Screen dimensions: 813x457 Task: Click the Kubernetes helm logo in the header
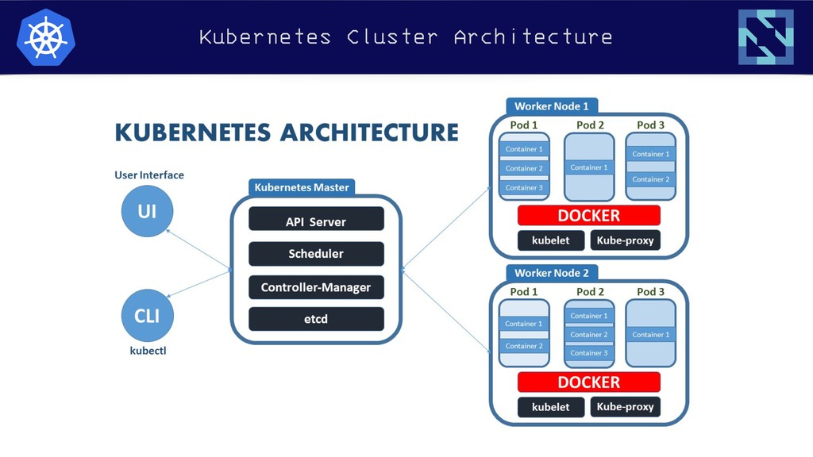[x=45, y=37]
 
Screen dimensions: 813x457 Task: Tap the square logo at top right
[x=766, y=36]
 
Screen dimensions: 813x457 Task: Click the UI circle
[x=147, y=211]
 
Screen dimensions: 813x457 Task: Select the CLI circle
[x=147, y=316]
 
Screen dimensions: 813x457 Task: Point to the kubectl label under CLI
[x=148, y=351]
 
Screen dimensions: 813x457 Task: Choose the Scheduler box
[x=316, y=254]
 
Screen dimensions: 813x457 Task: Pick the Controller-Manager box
[x=316, y=287]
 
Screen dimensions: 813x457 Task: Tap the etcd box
[x=316, y=319]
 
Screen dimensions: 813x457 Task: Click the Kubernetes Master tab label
[x=302, y=187]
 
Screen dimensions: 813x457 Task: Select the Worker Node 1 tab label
[x=552, y=106]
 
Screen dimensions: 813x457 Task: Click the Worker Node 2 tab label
[x=552, y=273]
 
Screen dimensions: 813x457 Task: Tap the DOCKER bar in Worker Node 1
[x=589, y=215]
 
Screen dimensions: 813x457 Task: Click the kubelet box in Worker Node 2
[x=551, y=407]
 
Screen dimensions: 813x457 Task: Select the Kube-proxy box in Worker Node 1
[x=626, y=240]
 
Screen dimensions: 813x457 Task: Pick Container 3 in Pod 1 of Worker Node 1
[x=524, y=187]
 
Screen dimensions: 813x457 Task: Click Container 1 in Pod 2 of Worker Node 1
[x=589, y=167]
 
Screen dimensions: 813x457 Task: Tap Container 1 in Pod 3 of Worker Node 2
[x=651, y=335]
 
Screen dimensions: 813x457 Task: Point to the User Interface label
[x=149, y=175]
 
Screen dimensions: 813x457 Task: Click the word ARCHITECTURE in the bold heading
[x=370, y=132]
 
